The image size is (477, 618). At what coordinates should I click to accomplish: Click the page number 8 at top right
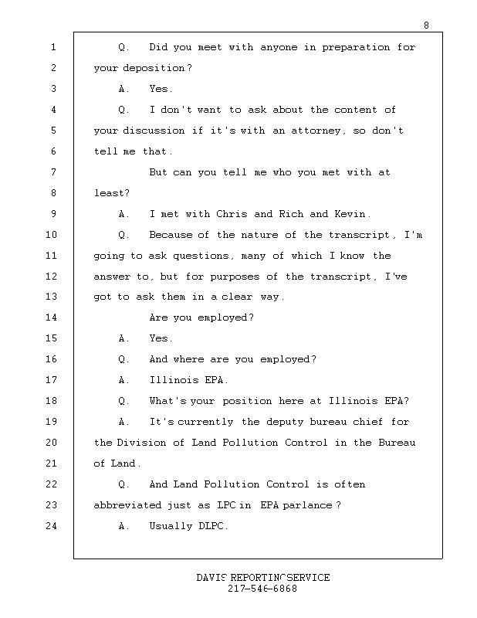(426, 25)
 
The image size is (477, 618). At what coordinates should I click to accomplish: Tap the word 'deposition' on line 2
(154, 69)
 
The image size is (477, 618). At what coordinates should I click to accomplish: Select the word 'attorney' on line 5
(316, 131)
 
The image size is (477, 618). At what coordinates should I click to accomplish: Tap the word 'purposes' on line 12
(235, 277)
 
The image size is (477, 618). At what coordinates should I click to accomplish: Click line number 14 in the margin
(51, 317)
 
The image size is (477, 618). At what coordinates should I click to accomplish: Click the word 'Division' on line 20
(141, 443)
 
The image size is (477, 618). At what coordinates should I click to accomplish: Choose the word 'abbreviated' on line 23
(127, 505)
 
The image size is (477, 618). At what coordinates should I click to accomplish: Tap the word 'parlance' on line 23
(308, 505)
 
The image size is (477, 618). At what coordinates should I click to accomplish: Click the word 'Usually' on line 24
(171, 526)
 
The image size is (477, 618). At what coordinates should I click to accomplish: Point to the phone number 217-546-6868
(262, 589)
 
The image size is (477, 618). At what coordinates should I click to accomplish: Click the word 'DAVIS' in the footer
(212, 578)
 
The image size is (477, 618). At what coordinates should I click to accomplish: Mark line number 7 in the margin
(53, 171)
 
